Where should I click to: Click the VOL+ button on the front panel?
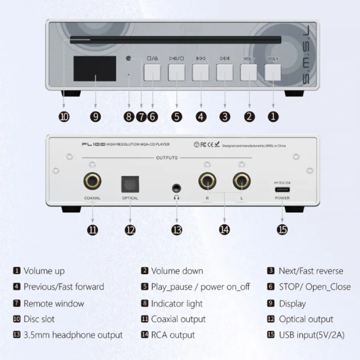[273, 72]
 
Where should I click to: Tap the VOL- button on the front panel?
[249, 72]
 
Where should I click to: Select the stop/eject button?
[152, 72]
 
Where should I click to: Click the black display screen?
[95, 68]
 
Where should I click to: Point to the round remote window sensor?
[128, 58]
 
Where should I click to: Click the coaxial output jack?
[92, 181]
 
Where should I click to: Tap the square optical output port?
[130, 184]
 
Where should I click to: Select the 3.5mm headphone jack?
[176, 188]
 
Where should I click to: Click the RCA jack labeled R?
[207, 181]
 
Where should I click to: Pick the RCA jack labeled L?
[242, 181]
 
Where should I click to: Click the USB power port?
[282, 190]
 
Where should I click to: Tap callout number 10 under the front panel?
[64, 117]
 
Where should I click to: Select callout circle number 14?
[224, 230]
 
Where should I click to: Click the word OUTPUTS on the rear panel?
[167, 158]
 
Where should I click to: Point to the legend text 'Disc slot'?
[39, 319]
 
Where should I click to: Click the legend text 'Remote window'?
[54, 304]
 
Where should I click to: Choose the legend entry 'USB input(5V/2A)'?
[312, 335]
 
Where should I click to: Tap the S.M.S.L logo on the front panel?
[306, 55]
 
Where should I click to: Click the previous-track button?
[200, 72]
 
